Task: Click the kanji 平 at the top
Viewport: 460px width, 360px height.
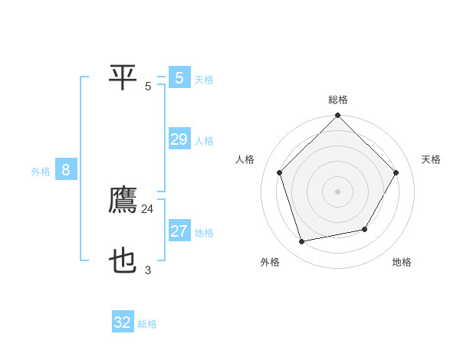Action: (x=123, y=77)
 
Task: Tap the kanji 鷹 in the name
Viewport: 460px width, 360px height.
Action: (x=123, y=201)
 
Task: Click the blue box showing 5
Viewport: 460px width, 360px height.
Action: (x=179, y=77)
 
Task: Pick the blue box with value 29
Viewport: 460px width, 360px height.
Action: (x=179, y=139)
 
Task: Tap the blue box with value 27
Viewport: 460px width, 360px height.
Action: (x=179, y=231)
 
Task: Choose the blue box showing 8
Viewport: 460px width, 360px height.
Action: (x=66, y=170)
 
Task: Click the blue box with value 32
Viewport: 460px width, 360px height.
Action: (x=123, y=322)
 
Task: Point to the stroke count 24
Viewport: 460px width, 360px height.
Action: (x=148, y=209)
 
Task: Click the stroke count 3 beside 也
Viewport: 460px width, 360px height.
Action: (x=148, y=270)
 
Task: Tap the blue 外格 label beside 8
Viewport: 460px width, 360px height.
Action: (x=41, y=172)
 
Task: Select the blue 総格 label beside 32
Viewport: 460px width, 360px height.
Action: (x=147, y=324)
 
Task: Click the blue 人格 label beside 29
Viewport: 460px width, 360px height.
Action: (x=204, y=141)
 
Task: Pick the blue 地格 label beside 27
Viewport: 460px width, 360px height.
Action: (x=204, y=233)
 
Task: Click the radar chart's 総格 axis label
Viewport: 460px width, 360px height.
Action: (x=338, y=100)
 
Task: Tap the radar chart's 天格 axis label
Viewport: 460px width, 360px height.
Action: (x=431, y=159)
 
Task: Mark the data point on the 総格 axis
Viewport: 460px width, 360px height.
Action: (x=338, y=116)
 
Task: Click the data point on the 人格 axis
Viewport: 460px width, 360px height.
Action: (x=280, y=172)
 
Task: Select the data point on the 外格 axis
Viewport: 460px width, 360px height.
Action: (x=302, y=242)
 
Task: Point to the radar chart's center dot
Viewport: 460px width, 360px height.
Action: (x=338, y=191)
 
